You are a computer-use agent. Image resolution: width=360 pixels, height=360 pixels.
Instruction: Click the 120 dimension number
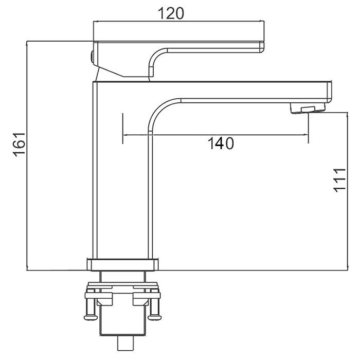click(171, 13)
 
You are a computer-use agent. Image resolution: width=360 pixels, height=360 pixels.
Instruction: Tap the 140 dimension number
click(221, 143)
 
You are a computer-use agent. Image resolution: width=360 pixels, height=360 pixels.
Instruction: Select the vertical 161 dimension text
click(19, 145)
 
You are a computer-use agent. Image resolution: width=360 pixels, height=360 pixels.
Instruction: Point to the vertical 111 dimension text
click(339, 180)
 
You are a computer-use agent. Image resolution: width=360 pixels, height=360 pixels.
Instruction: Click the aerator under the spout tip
click(308, 108)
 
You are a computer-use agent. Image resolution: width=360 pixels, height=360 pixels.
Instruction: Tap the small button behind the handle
click(92, 57)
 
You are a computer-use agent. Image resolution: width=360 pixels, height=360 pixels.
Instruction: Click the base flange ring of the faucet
click(122, 265)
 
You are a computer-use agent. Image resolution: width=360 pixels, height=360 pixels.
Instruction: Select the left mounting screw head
click(90, 317)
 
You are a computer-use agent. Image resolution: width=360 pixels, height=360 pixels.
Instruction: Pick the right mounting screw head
click(154, 317)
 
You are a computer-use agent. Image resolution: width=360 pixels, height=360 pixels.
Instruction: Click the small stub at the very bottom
click(125, 344)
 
